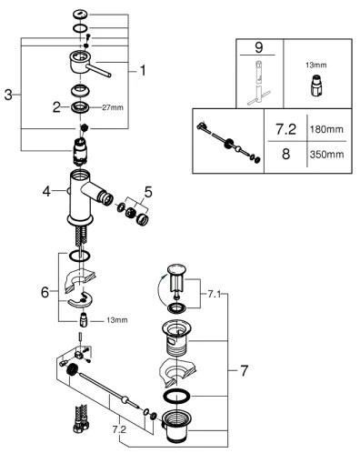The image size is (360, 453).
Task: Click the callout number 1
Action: pyautogui.click(x=141, y=69)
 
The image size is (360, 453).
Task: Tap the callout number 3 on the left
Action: pyautogui.click(x=7, y=96)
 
